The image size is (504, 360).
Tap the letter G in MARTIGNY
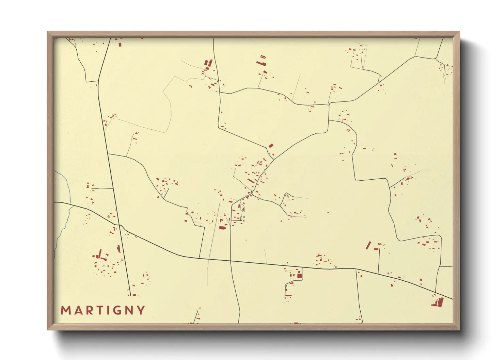pyautogui.click(x=117, y=310)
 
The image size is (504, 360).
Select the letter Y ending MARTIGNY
pyautogui.click(x=141, y=310)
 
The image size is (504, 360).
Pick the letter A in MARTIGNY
pyautogui.click(x=77, y=310)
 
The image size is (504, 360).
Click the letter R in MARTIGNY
pyautogui.click(x=88, y=310)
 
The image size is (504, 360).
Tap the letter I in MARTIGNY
pyautogui.click(x=107, y=310)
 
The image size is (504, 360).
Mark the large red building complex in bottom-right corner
pyautogui.click(x=439, y=302)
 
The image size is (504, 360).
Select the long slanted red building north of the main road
pyautogui.click(x=368, y=245)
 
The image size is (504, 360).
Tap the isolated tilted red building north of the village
pyautogui.click(x=271, y=146)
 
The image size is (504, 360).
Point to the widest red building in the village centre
pyautogui.click(x=222, y=228)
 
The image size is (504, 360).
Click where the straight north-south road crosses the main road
pyautogui.click(x=119, y=225)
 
